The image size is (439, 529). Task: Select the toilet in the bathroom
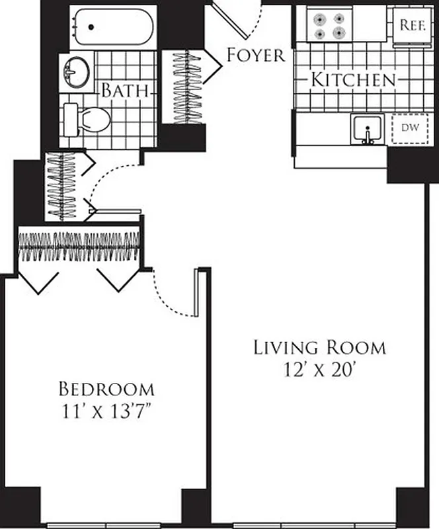point(92,120)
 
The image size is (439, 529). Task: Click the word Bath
point(124,91)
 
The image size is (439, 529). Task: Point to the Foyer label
point(255,55)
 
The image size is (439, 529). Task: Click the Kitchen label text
point(352,81)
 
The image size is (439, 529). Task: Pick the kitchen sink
point(366,128)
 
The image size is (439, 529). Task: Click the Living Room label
point(319,347)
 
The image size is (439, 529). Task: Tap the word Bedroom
point(106,388)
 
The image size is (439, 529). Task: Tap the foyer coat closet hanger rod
point(188,86)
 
